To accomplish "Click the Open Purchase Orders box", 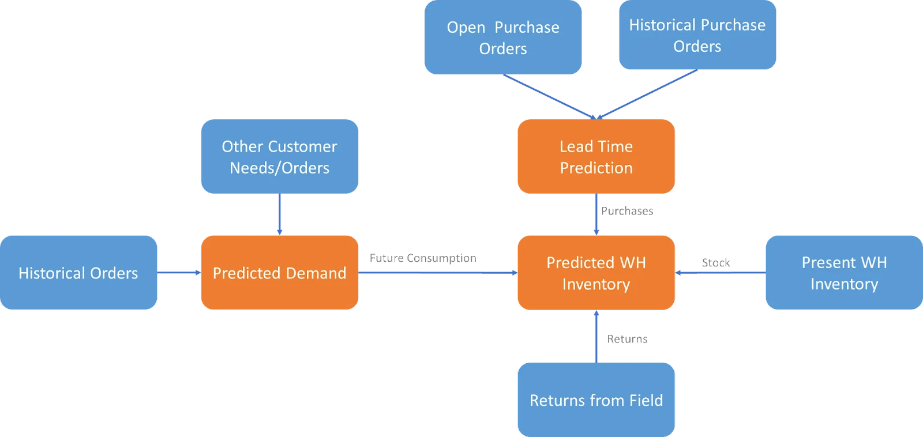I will pos(503,37).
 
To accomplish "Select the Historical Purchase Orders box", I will pos(697,35).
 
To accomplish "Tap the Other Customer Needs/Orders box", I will pos(280,156).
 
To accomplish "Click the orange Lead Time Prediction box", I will pos(596,156).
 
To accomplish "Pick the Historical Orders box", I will pos(78,273).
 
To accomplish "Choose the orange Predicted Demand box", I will pos(280,273).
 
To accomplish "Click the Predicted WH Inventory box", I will pos(596,273).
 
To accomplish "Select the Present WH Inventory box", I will pos(843,273).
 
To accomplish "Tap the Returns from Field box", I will pos(596,400).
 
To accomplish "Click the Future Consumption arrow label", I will pos(423,258).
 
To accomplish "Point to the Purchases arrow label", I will pos(627,211).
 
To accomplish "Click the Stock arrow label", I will pos(716,263).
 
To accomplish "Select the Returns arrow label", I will pos(627,339).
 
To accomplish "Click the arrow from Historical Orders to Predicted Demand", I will pos(179,273).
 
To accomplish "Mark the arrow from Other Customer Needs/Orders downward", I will pos(280,214).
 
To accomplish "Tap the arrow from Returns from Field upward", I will pos(596,337).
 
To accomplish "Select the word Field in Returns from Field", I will pos(646,400).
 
